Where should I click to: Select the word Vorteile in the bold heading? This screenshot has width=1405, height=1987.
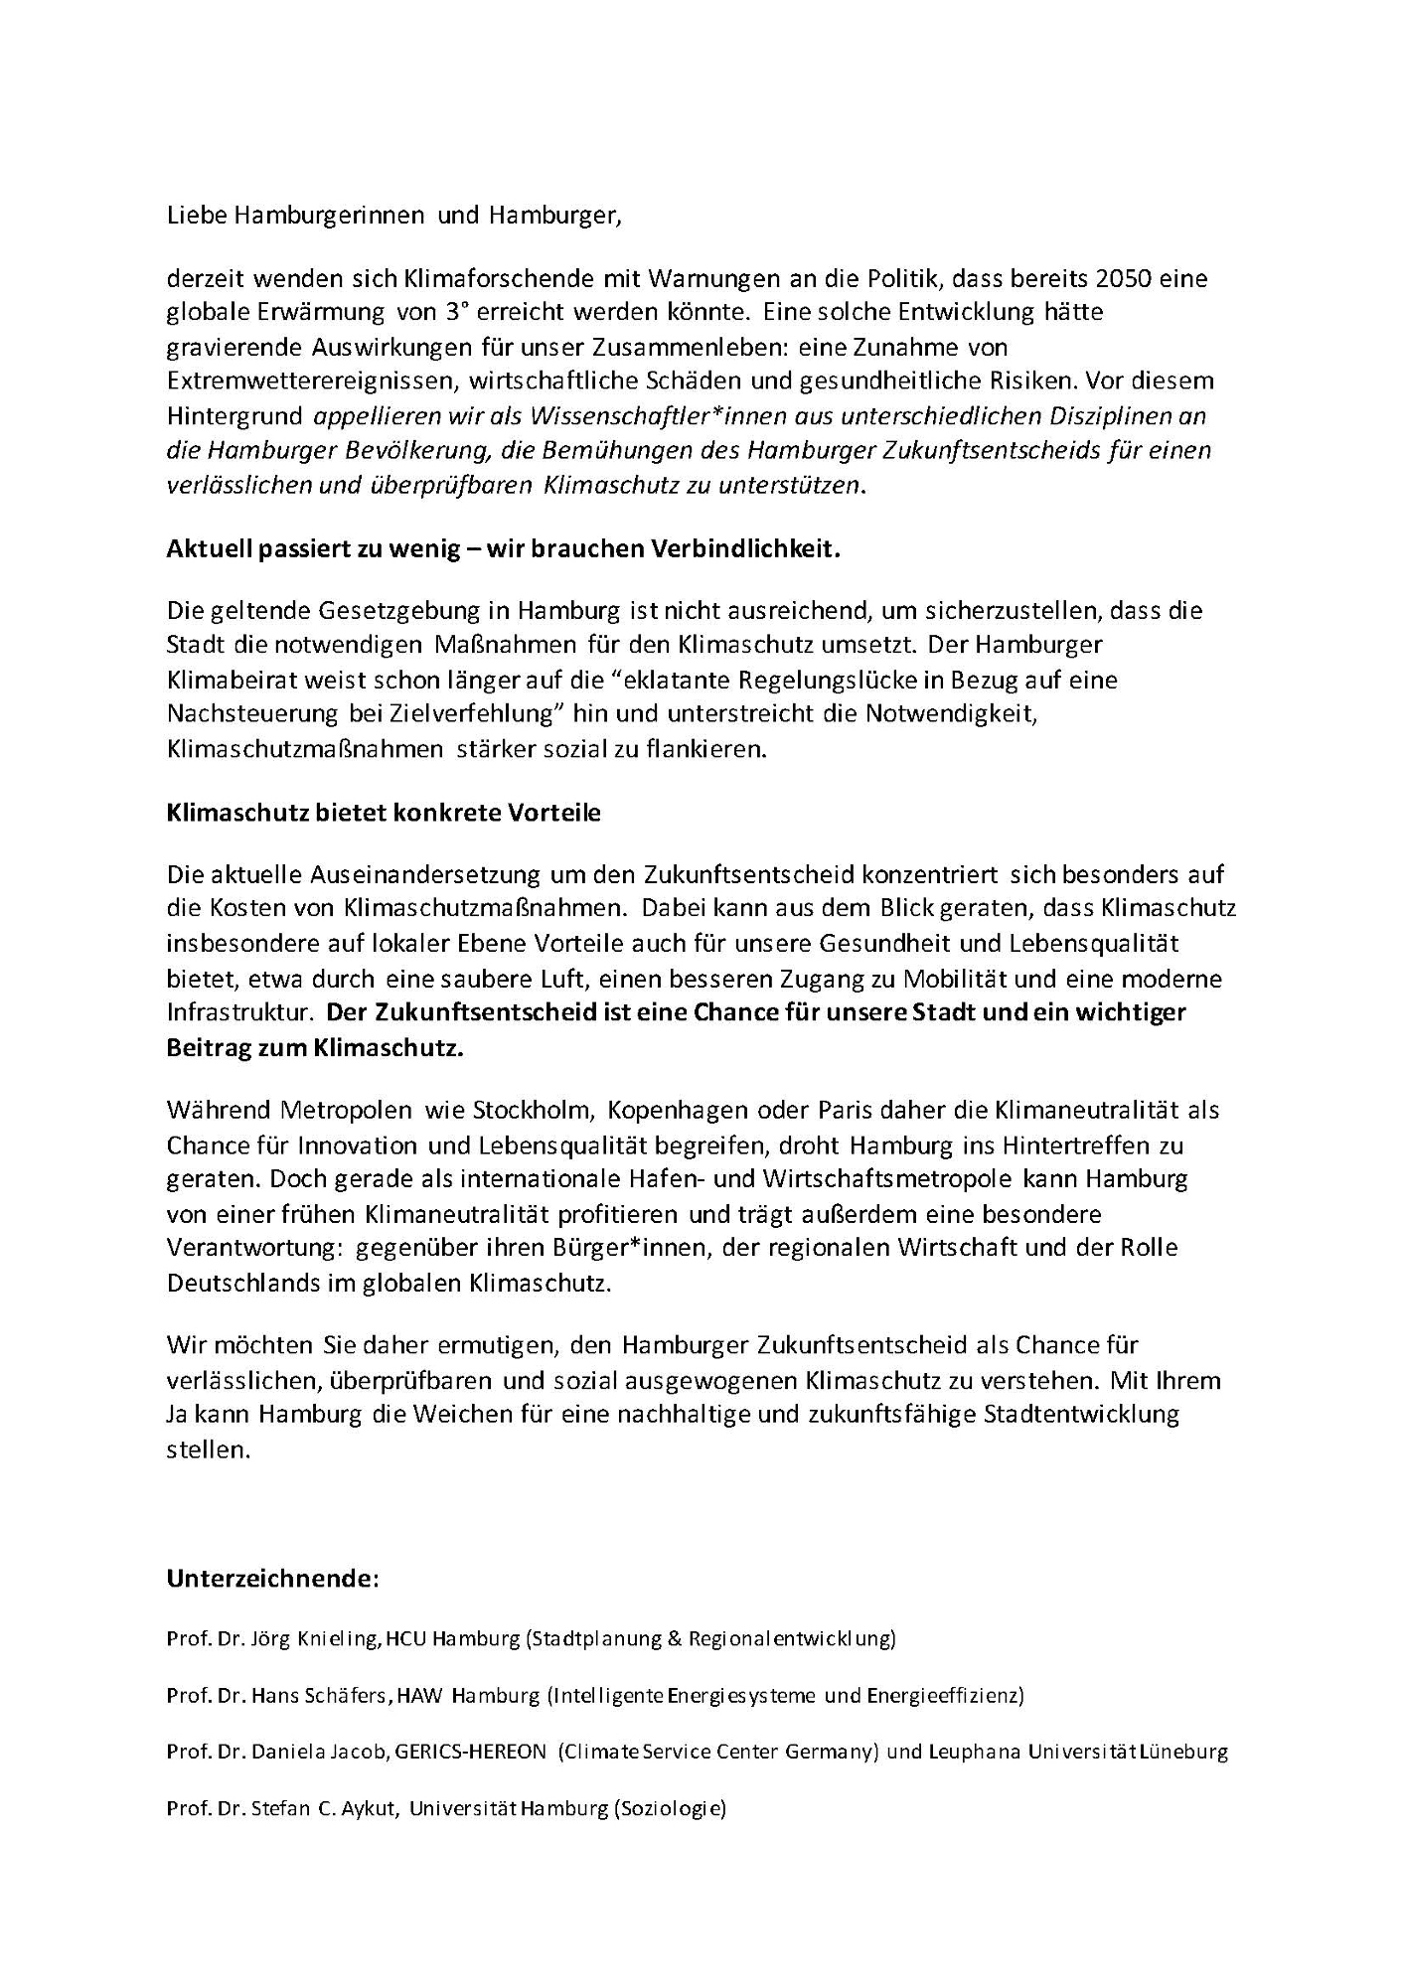pyautogui.click(x=554, y=812)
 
